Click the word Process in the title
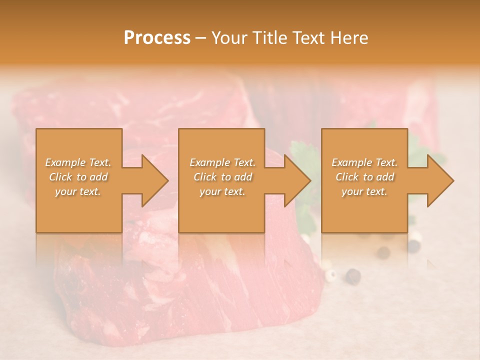(157, 38)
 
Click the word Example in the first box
(65, 162)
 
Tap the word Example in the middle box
(210, 162)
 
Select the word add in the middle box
(243, 177)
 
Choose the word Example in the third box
(352, 162)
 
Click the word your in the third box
(352, 191)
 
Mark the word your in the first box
(65, 191)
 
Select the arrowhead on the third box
(439, 180)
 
